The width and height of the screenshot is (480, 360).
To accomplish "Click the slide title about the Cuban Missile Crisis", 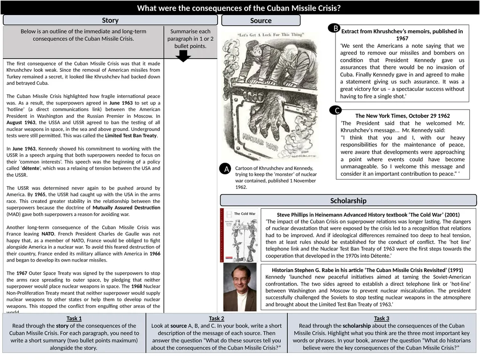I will click(x=239, y=8).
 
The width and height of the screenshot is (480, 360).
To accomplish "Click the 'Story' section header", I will click(x=110, y=20).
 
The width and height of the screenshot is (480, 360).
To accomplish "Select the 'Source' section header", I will click(x=261, y=21).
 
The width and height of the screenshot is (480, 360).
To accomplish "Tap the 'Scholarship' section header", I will click(x=348, y=201).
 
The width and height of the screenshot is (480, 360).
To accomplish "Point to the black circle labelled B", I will click(x=335, y=29).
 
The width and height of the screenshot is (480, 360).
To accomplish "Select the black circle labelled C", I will click(x=336, y=111).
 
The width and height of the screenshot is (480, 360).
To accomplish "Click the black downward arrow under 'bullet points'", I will click(x=184, y=56).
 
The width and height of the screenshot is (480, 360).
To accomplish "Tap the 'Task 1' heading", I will click(x=74, y=319).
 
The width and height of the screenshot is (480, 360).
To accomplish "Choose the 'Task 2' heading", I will click(x=217, y=319).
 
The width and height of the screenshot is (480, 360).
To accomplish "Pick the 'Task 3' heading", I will click(x=382, y=319).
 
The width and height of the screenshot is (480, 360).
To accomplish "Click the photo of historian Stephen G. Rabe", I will click(x=240, y=287).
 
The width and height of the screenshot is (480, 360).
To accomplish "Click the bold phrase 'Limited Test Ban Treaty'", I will click(x=131, y=136).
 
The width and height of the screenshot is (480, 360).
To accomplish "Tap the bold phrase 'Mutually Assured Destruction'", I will click(x=126, y=208).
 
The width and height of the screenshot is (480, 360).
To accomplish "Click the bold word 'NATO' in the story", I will click(x=48, y=234).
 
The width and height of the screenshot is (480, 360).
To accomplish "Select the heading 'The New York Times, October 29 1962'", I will click(x=402, y=116).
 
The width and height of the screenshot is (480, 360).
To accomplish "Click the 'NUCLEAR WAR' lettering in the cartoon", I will click(x=259, y=139).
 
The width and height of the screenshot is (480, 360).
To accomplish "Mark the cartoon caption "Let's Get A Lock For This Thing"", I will click(x=264, y=35).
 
